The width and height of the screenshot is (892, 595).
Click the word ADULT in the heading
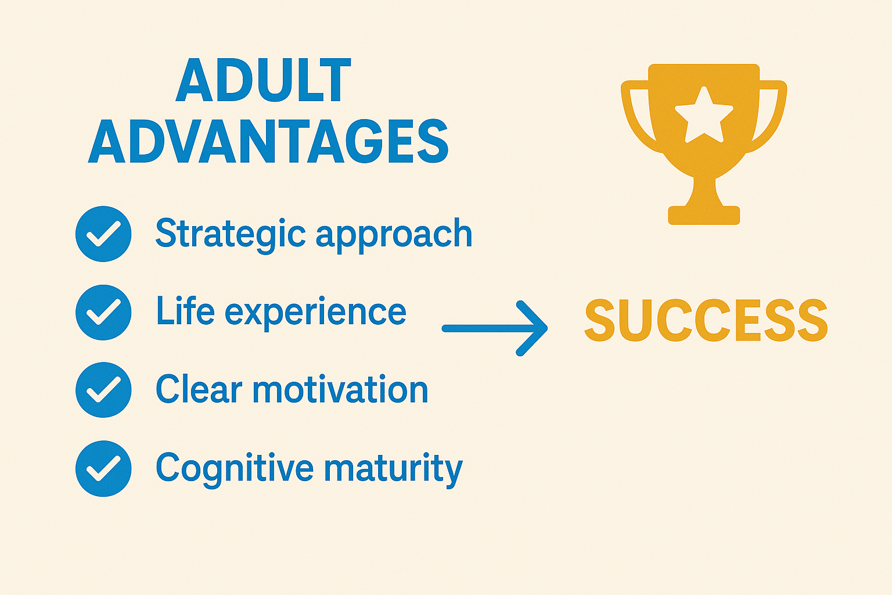pyautogui.click(x=263, y=81)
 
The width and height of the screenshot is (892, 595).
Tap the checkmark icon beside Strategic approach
pyautogui.click(x=103, y=234)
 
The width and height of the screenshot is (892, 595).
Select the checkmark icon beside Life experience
pyautogui.click(x=103, y=312)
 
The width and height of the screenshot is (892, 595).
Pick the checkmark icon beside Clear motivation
pyautogui.click(x=103, y=390)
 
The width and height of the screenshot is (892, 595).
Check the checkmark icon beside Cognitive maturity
pyautogui.click(x=103, y=468)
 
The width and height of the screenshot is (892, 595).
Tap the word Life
pyautogui.click(x=185, y=311)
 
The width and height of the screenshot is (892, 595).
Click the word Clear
pyautogui.click(x=199, y=389)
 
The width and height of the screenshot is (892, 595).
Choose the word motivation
pyautogui.click(x=340, y=389)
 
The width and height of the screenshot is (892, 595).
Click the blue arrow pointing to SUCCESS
pyautogui.click(x=495, y=328)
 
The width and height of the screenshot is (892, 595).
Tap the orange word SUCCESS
pyautogui.click(x=706, y=321)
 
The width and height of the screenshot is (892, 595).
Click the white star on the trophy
pyautogui.click(x=704, y=115)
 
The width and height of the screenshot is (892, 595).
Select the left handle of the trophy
pyautogui.click(x=636, y=116)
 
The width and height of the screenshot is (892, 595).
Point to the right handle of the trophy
pyautogui.click(x=771, y=116)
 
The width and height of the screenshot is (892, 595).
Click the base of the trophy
pyautogui.click(x=704, y=215)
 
